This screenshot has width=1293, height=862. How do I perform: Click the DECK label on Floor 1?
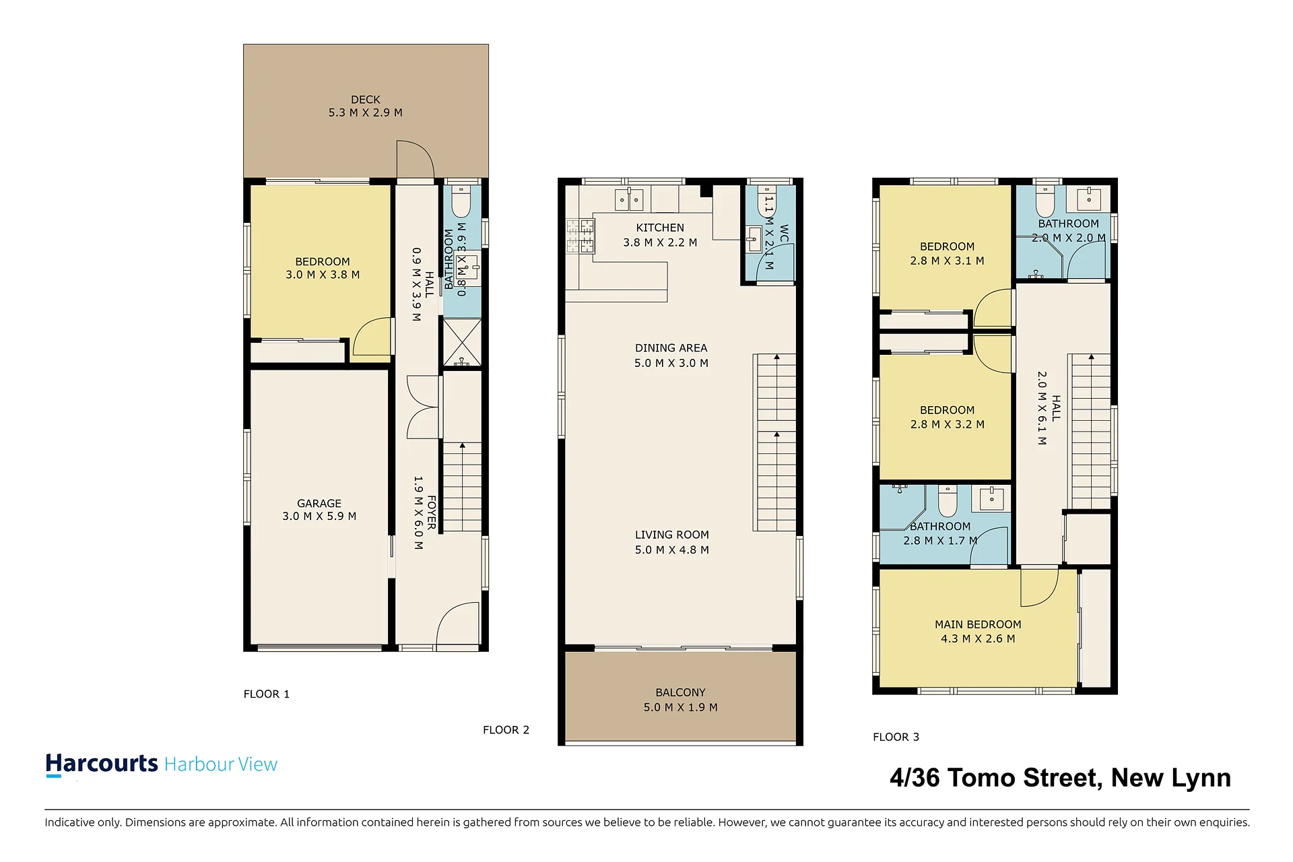pos(366,100)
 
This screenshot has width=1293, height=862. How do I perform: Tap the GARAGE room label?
pos(319,504)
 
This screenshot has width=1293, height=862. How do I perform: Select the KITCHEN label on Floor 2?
pos(660,228)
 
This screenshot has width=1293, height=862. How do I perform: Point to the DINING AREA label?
pos(671,348)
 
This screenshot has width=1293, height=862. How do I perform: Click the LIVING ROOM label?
pos(672,535)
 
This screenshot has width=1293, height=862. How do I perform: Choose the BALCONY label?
pos(681,692)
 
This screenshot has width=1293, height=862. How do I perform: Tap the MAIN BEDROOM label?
pos(978,624)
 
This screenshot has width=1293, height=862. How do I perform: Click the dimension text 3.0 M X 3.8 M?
pos(323,275)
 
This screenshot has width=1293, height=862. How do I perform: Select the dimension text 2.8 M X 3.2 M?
pos(948,424)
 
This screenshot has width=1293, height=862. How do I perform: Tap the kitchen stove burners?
pos(580,236)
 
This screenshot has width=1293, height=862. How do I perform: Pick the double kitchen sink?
pos(629,200)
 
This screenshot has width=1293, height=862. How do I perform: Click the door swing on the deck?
pos(415,159)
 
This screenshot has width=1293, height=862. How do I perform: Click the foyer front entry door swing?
pos(458,624)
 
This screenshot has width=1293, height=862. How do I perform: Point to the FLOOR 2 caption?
pos(506,730)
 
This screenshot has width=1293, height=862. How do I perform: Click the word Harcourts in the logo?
pos(102,764)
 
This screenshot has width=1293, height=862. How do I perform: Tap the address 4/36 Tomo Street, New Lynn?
pos(1060,778)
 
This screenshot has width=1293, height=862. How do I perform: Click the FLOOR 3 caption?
pos(896,737)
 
